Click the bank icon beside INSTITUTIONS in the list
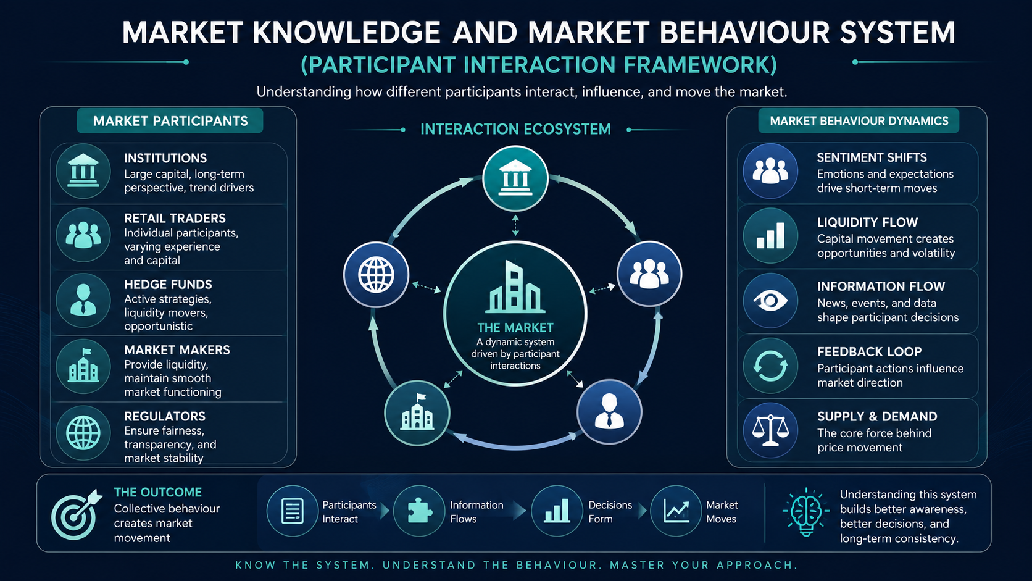83,171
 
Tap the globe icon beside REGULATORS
83,433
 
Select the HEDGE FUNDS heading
168,284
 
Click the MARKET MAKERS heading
177,350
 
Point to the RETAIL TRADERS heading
175,219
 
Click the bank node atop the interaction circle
515,179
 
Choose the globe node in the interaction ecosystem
376,275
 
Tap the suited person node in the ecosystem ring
609,412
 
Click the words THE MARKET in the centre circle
515,328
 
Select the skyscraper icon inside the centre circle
515,287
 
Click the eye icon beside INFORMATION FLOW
770,301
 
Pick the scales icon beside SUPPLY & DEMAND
770,430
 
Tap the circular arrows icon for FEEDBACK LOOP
770,366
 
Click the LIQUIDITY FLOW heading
868,222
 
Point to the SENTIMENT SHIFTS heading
872,157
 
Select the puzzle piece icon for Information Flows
419,511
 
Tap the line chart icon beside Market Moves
676,511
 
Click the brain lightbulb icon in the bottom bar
805,512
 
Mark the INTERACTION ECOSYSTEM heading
515,130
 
